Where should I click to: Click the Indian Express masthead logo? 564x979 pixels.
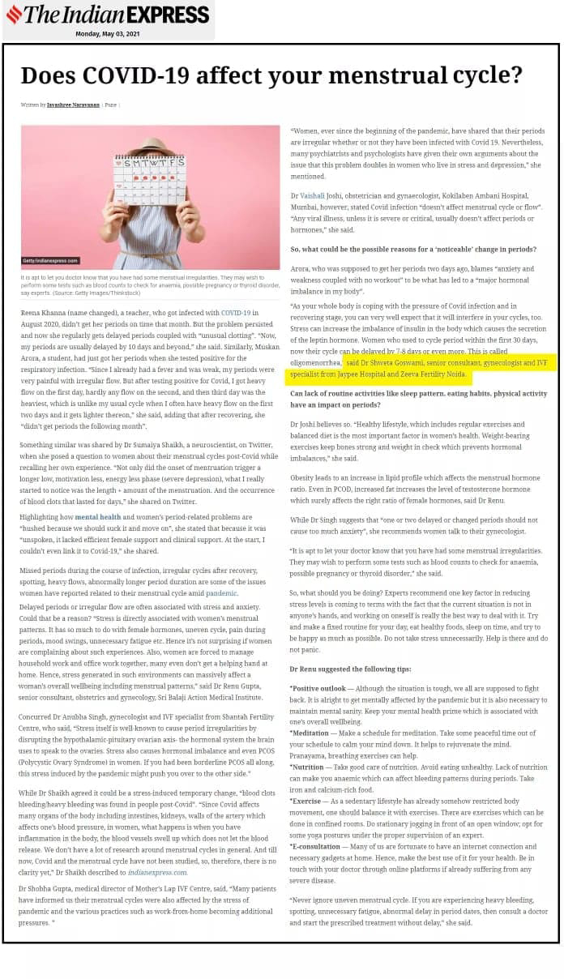click(x=108, y=15)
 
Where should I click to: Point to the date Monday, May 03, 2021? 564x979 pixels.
click(x=109, y=34)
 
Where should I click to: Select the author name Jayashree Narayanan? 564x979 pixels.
click(x=74, y=105)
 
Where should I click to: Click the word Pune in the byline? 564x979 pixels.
click(x=110, y=105)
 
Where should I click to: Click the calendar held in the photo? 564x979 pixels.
click(x=149, y=178)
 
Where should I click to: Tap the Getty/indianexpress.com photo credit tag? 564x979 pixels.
click(x=50, y=261)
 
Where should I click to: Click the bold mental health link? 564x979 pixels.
click(x=98, y=516)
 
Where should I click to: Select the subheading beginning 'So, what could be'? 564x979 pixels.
click(x=412, y=249)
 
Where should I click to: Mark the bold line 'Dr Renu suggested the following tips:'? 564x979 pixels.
click(x=349, y=669)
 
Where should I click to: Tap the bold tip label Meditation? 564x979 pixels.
click(x=311, y=733)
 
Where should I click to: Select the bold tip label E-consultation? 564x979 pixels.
click(x=317, y=844)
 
